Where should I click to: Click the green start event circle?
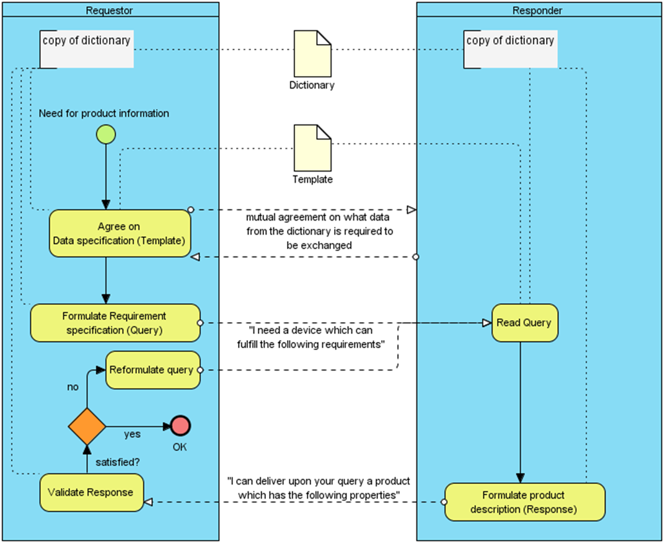tap(106, 134)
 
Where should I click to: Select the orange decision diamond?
tap(87, 426)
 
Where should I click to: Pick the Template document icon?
tap(312, 147)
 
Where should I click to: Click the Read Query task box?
tap(524, 323)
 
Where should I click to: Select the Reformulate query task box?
tap(152, 371)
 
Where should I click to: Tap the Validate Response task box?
tap(91, 493)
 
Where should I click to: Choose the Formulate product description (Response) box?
tap(524, 502)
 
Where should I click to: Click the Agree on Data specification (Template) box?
tap(119, 234)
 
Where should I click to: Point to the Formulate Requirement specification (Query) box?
tap(115, 323)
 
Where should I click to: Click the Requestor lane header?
tap(110, 10)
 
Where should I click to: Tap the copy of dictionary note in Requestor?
tap(87, 48)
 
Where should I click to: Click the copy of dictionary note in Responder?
tap(509, 48)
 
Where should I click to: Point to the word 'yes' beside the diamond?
tap(133, 434)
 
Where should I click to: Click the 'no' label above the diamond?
tap(73, 387)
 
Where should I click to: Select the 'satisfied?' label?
tap(117, 462)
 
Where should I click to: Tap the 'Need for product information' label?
tap(104, 113)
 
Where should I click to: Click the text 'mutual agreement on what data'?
tap(319, 218)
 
